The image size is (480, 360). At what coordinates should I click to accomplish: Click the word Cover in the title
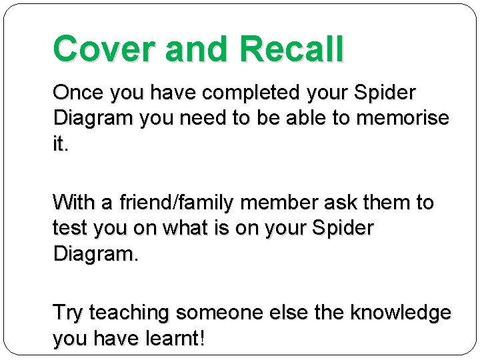(100, 49)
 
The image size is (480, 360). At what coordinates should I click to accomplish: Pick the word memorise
(403, 118)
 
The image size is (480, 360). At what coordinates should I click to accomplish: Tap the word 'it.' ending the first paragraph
(61, 145)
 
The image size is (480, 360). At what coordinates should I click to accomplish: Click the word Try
(68, 312)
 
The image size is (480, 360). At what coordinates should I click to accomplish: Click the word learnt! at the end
(175, 339)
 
